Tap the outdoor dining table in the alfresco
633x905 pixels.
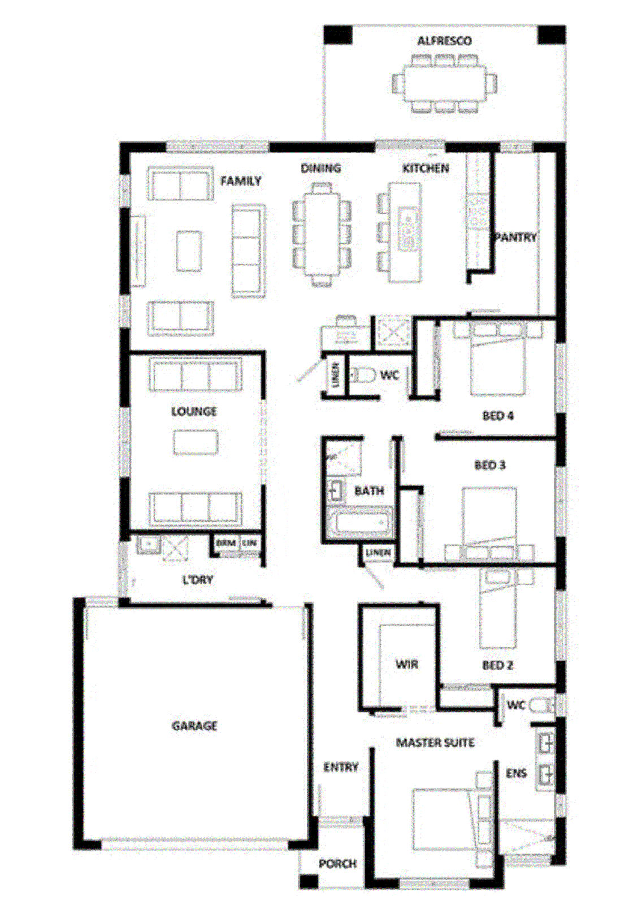(444, 83)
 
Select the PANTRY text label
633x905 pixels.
(515, 238)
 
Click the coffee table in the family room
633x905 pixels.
(188, 251)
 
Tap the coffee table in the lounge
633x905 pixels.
(196, 442)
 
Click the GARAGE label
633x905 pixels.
(194, 725)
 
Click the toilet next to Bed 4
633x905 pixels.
(364, 375)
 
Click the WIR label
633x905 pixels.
(407, 664)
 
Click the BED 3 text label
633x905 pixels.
(489, 466)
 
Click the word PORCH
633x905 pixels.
(337, 864)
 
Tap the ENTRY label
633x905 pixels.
(341, 767)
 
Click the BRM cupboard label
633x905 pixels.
(226, 543)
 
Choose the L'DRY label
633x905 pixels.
(197, 580)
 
